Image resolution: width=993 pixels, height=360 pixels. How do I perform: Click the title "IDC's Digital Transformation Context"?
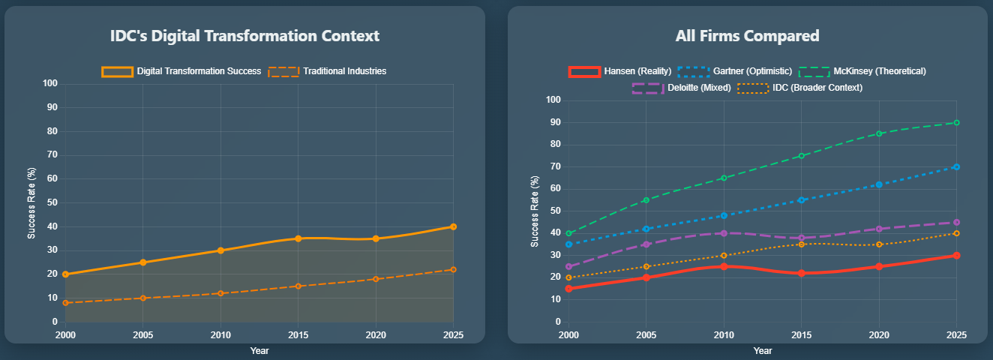tap(244, 36)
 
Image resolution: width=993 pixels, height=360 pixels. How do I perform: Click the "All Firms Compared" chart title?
tap(748, 36)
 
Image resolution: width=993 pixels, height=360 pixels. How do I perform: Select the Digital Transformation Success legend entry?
tap(181, 71)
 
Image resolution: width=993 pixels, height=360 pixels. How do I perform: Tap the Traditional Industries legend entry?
tap(327, 71)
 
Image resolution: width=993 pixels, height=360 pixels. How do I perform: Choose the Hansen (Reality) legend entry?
tap(619, 71)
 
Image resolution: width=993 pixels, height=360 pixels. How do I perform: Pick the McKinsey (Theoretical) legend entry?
tap(862, 71)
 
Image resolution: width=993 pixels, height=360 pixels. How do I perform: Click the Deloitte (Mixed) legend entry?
tap(681, 88)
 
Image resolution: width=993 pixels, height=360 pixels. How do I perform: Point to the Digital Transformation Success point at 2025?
tap(453, 227)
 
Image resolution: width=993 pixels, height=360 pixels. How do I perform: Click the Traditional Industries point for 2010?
tap(220, 293)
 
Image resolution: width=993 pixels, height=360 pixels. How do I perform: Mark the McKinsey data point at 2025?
tap(957, 123)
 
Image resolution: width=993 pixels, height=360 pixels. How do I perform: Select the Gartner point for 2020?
tap(879, 184)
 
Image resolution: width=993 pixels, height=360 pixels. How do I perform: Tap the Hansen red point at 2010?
tap(724, 266)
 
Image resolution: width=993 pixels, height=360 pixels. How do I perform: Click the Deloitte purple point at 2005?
tap(646, 244)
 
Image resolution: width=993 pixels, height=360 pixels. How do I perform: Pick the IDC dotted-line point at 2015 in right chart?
tap(802, 244)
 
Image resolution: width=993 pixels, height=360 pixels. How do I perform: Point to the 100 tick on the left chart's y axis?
tap(50, 84)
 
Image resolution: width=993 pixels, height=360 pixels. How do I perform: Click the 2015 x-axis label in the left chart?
tap(298, 335)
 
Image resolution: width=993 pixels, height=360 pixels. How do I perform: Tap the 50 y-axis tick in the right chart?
tap(556, 211)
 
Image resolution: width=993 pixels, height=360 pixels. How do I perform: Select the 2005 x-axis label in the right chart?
tap(646, 335)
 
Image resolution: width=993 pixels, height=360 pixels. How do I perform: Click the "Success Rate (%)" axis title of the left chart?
tap(31, 203)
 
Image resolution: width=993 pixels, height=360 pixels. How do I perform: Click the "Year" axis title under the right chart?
tap(763, 351)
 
